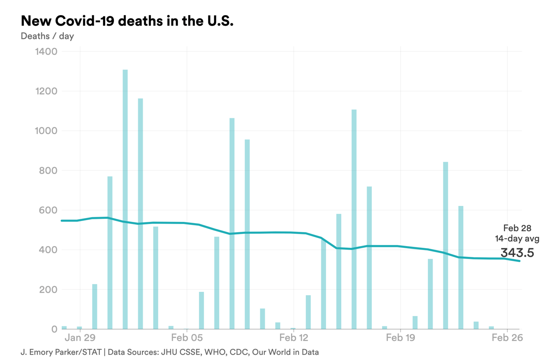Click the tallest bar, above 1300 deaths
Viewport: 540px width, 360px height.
125,199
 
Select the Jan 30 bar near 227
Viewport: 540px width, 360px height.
94,306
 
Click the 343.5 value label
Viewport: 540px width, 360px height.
517,253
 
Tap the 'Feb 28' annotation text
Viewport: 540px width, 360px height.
517,228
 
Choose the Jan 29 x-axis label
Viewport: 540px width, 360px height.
80,338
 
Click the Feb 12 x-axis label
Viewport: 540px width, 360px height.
294,338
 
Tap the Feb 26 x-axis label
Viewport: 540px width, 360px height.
508,338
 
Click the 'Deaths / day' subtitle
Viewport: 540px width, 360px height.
47,36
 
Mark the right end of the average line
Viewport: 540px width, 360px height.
519,261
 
